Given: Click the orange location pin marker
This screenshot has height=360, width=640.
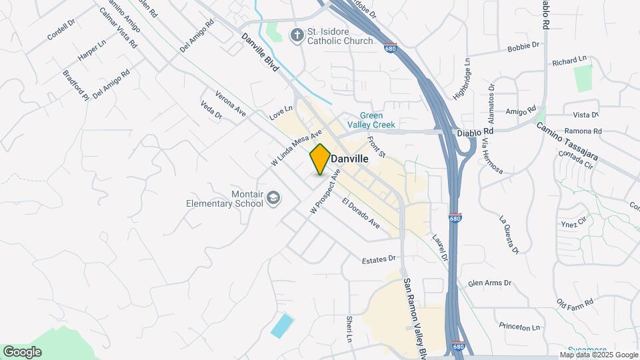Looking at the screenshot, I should coord(320,159).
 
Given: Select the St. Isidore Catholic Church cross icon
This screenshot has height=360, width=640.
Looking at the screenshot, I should coord(295,34).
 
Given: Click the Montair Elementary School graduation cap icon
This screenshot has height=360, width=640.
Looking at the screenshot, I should coord(273,198).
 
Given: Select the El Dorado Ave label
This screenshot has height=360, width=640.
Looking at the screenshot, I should coord(361,214).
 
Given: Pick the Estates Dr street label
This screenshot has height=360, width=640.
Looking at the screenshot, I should coord(379,259).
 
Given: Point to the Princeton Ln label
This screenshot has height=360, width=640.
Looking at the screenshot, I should coord(519,327).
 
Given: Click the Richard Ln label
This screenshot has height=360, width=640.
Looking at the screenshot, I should coord(567,61).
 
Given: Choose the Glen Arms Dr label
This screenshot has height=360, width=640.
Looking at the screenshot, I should coord(489,283).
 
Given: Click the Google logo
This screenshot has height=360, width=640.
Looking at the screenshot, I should coord(22,351).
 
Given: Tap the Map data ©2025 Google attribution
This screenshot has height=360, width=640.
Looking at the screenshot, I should coord(598,355).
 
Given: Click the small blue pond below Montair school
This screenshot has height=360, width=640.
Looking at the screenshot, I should coord(282,325).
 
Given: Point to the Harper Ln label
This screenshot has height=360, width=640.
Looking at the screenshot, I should coord(92,51).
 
